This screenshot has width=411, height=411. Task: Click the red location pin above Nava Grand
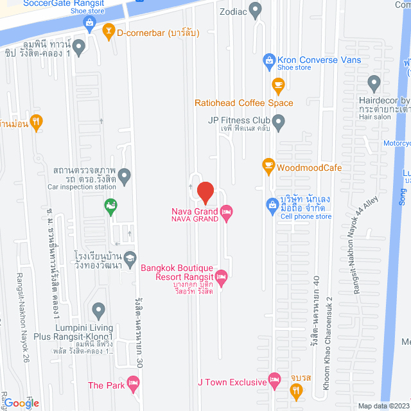coord(205,192)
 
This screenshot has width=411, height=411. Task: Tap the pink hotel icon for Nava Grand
coord(226,211)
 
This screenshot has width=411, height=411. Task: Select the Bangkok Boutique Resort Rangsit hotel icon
coord(222,276)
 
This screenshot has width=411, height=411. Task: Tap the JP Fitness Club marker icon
coord(278,120)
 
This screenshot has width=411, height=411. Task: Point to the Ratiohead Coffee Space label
coord(244,103)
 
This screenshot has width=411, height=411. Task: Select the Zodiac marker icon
coord(256,10)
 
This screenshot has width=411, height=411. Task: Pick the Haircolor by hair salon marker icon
coord(374,83)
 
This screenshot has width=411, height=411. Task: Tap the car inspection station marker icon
coord(125,174)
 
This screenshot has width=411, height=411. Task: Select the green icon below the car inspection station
coord(111,206)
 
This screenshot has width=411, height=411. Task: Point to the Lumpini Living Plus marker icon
coord(98,311)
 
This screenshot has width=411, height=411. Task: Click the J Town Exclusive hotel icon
coord(275,379)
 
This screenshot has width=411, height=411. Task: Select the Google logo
coord(21,403)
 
